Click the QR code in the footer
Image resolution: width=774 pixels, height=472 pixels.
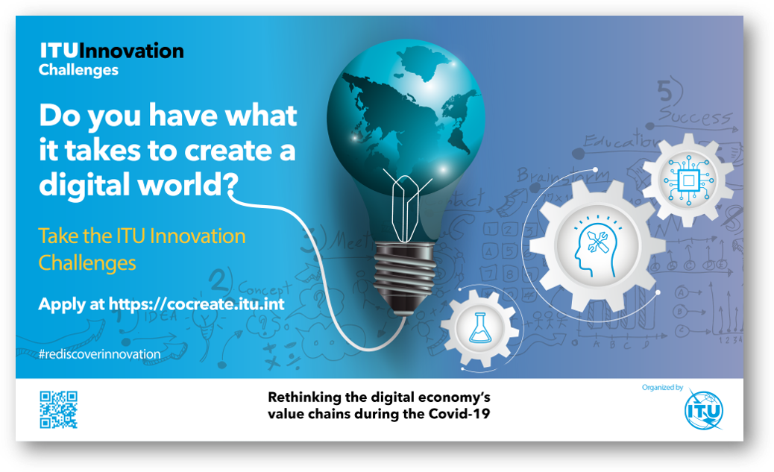point(58,409)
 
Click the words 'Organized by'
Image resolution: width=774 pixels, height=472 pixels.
point(662,388)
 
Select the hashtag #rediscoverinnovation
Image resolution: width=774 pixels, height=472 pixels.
point(99,354)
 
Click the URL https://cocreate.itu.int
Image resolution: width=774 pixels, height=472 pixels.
point(197,304)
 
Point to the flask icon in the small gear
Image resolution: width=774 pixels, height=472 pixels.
point(479,328)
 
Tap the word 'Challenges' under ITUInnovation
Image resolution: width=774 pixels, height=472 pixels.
point(78,70)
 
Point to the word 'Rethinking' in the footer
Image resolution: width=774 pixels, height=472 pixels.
point(302,396)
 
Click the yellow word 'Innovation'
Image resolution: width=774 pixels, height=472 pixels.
point(198,236)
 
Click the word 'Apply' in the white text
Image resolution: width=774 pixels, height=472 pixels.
point(61,304)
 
